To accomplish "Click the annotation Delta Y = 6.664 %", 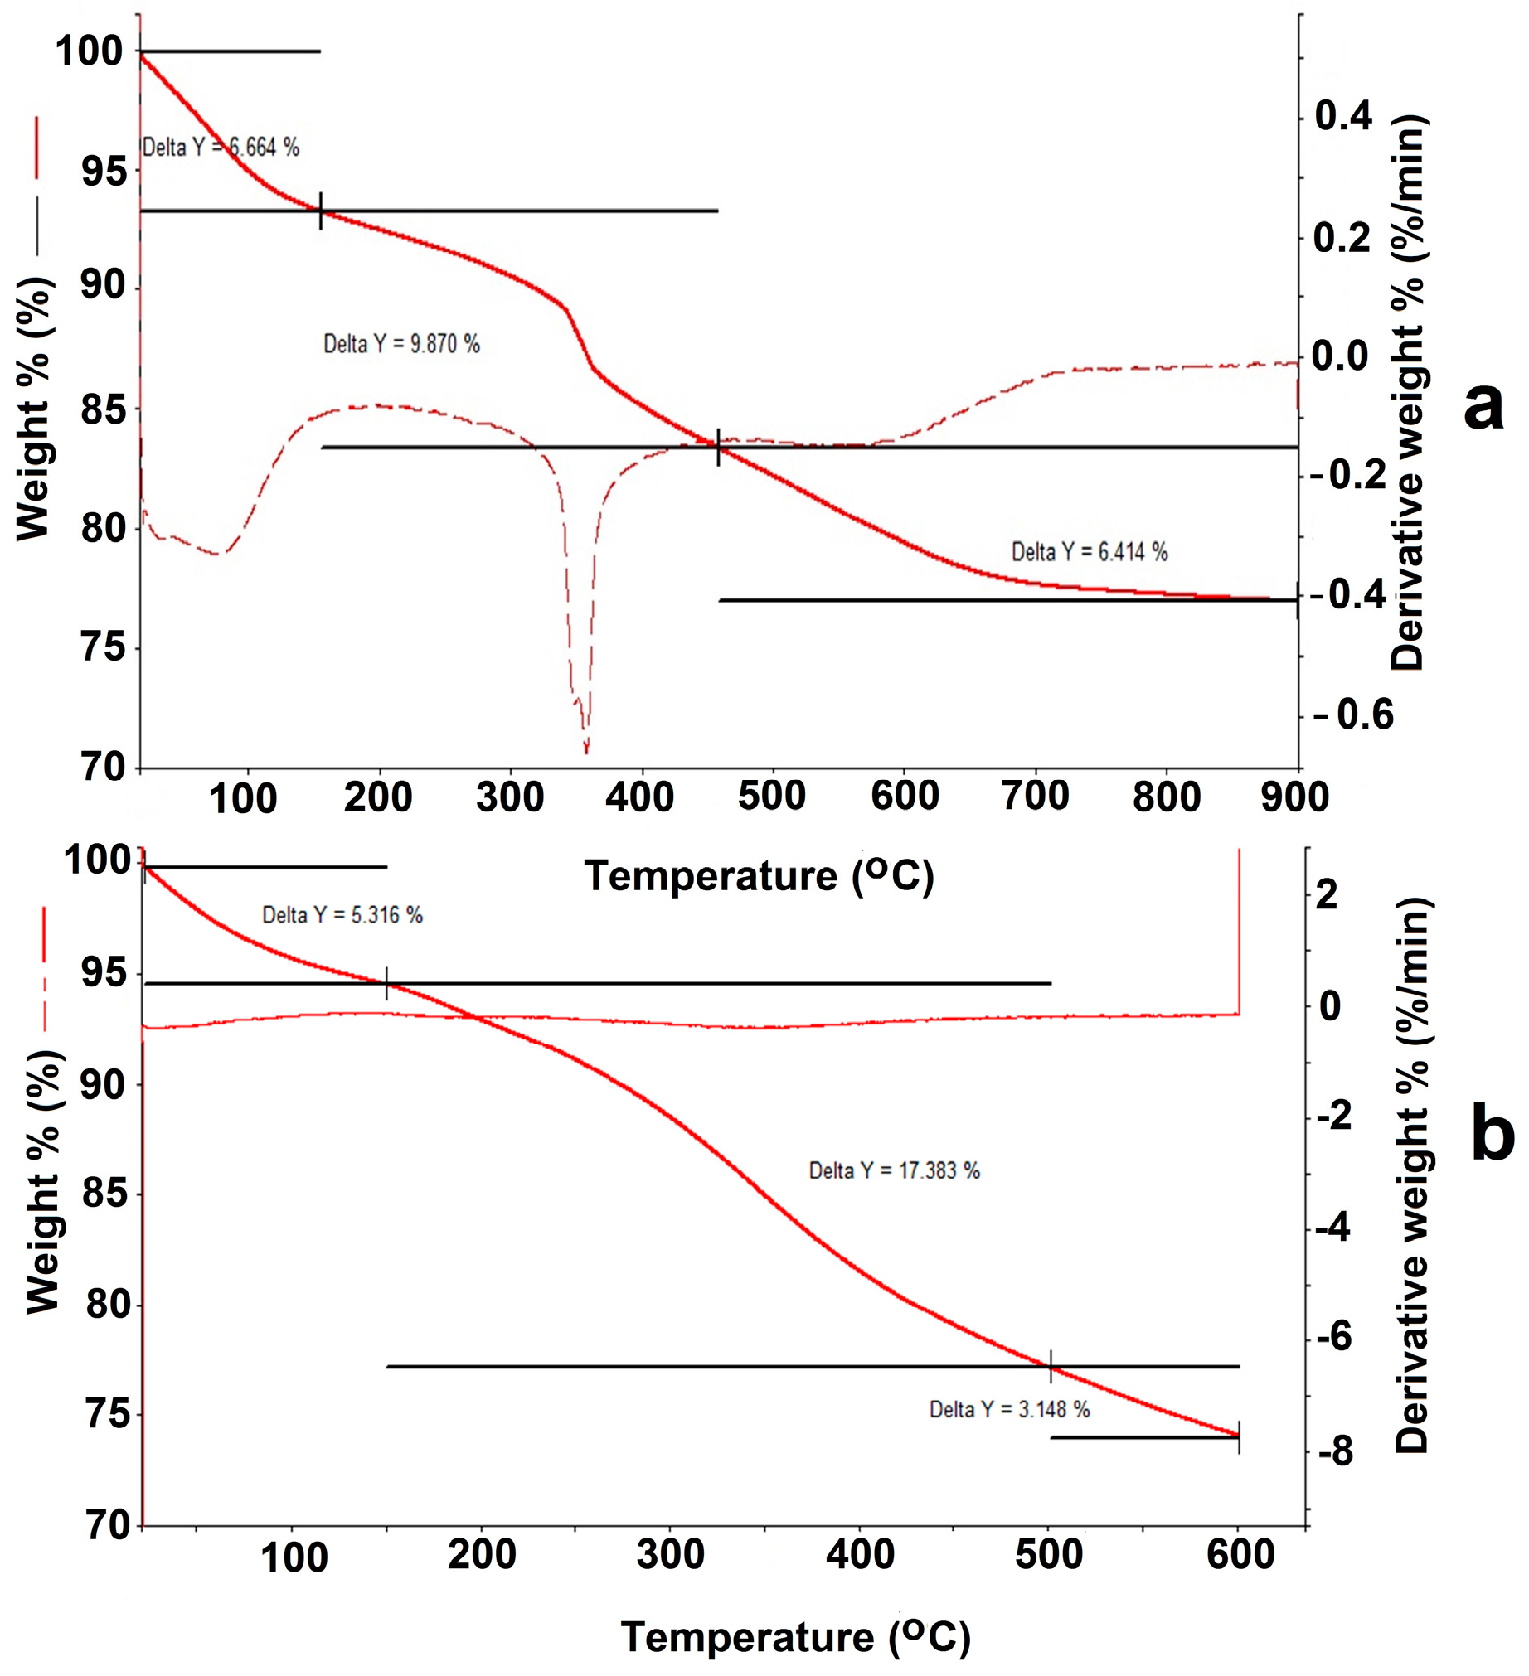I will point(221,148).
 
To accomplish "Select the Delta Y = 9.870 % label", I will point(401,344).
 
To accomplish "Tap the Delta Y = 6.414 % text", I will point(1090,552).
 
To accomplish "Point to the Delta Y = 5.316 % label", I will point(342,915).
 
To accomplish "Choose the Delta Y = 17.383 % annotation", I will point(895,1171).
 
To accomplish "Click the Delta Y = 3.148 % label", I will point(1009,1410).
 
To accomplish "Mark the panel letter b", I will point(1492,1137).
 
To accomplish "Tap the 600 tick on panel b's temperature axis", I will point(1240,1555).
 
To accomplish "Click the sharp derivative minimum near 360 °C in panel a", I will point(586,750).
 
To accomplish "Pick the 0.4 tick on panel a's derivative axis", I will point(1342,116).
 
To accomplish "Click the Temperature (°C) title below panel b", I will point(796,1638).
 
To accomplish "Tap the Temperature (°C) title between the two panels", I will point(758,876).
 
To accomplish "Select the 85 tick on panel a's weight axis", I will point(104,409).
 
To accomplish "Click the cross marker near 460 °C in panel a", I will point(718,448).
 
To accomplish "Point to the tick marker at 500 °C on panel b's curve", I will point(1051,1367).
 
